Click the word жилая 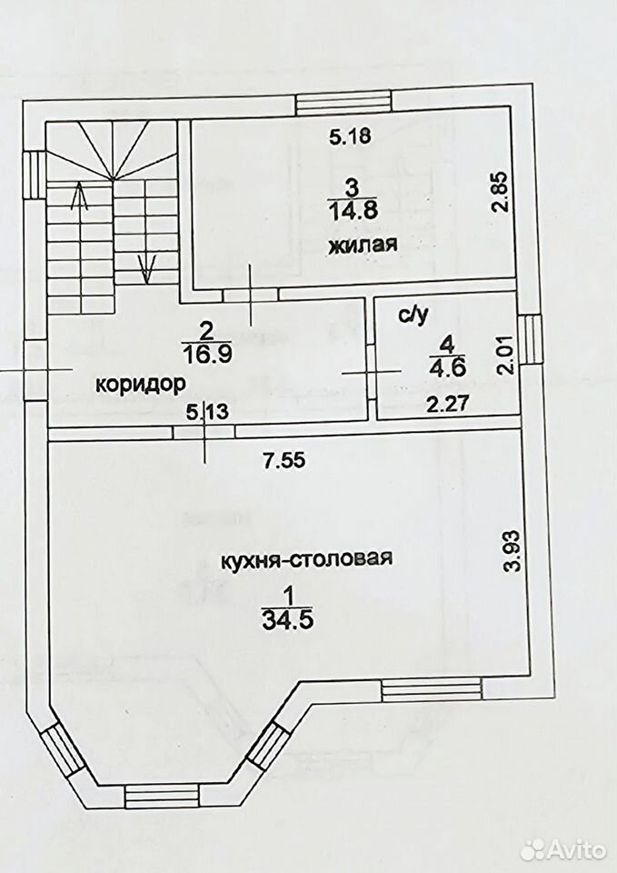[363, 245]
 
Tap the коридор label [140, 384]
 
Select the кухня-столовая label [306, 558]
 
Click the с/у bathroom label [413, 316]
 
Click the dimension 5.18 [350, 136]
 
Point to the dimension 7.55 [284, 460]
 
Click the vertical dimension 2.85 [500, 192]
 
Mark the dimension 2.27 [448, 403]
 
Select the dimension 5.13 [207, 413]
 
